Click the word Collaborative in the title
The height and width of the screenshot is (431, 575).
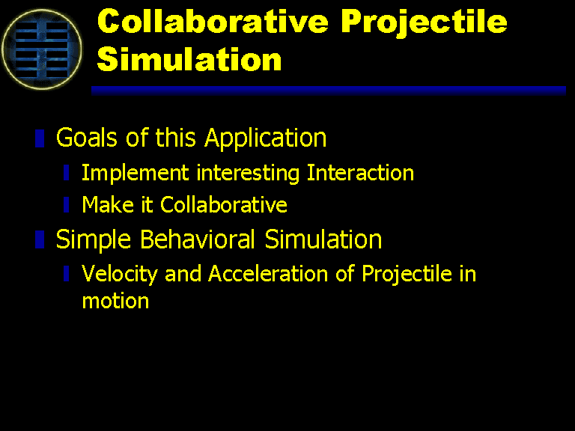pyautogui.click(x=213, y=21)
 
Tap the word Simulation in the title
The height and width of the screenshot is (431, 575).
pyautogui.click(x=189, y=58)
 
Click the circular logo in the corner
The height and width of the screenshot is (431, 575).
pyautogui.click(x=41, y=49)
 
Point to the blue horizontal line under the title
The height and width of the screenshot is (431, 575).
pyautogui.click(x=329, y=91)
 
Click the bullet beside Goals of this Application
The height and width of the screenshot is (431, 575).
pyautogui.click(x=40, y=138)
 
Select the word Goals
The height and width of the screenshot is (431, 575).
pyautogui.click(x=87, y=138)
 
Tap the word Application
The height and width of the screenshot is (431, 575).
pyautogui.click(x=266, y=139)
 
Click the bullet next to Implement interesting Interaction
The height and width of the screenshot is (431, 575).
pyautogui.click(x=67, y=173)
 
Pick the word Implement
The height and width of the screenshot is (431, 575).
pyautogui.click(x=135, y=173)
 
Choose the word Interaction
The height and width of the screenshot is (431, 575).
pyautogui.click(x=360, y=172)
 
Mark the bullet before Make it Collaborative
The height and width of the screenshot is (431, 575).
pyautogui.click(x=67, y=205)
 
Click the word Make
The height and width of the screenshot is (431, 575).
pyautogui.click(x=108, y=204)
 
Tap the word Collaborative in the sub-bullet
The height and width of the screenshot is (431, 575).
pyautogui.click(x=224, y=204)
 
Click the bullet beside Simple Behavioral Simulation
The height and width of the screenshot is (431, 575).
pyautogui.click(x=40, y=239)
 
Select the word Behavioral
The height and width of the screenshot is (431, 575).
pyautogui.click(x=198, y=239)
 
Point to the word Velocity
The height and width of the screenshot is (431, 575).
pyautogui.click(x=120, y=274)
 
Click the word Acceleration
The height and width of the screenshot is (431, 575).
pyautogui.click(x=268, y=273)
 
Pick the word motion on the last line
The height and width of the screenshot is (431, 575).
pyautogui.click(x=115, y=302)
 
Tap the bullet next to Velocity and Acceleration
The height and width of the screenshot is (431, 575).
pyautogui.click(x=67, y=274)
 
